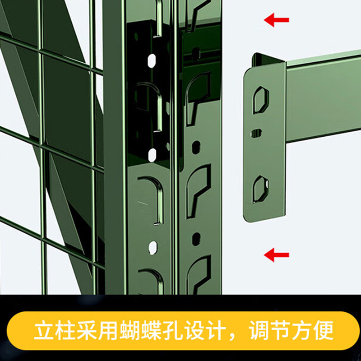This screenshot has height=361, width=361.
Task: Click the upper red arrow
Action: point(276,20)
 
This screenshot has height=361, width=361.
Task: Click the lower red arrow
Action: point(276,255)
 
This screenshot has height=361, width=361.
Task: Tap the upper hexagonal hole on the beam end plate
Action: point(260,100)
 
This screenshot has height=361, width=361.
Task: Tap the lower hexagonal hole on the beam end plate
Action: point(260,188)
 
